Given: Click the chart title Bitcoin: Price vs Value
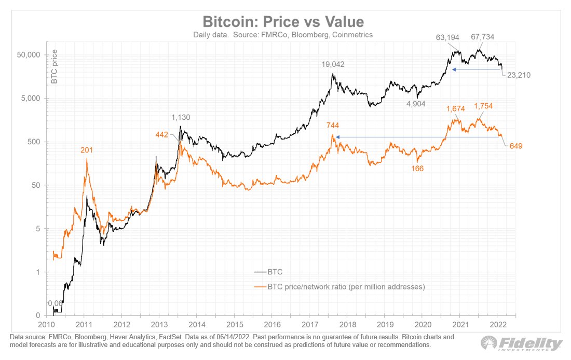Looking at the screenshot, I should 283,22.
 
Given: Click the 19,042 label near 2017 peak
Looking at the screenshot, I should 332,64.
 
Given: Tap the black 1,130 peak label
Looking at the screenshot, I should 181,117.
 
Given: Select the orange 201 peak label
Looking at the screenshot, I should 87,150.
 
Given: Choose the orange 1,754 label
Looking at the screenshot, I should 483,106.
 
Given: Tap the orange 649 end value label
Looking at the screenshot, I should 515,146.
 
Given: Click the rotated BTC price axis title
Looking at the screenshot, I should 53,67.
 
